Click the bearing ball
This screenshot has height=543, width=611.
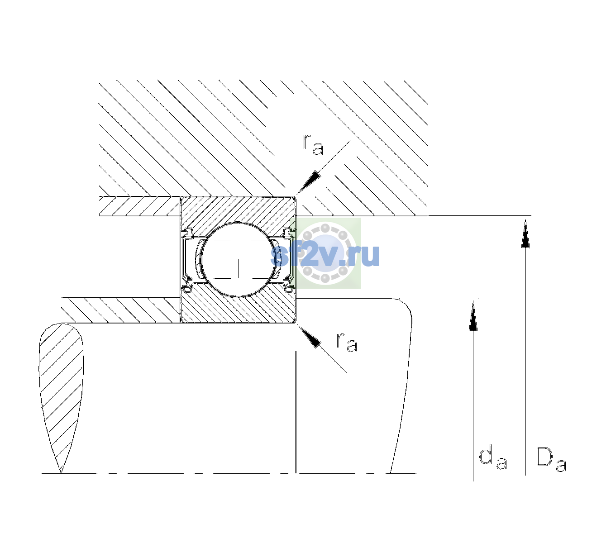point(238,260)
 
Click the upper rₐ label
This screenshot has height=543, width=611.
point(313,145)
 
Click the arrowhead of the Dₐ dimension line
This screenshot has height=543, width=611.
point(525,233)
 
